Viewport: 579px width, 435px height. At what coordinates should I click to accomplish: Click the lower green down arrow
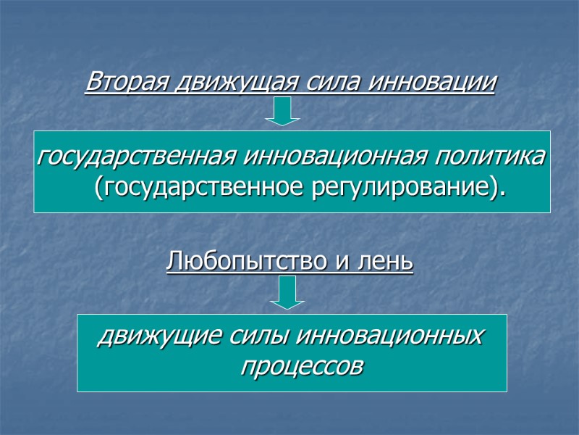click(x=287, y=294)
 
